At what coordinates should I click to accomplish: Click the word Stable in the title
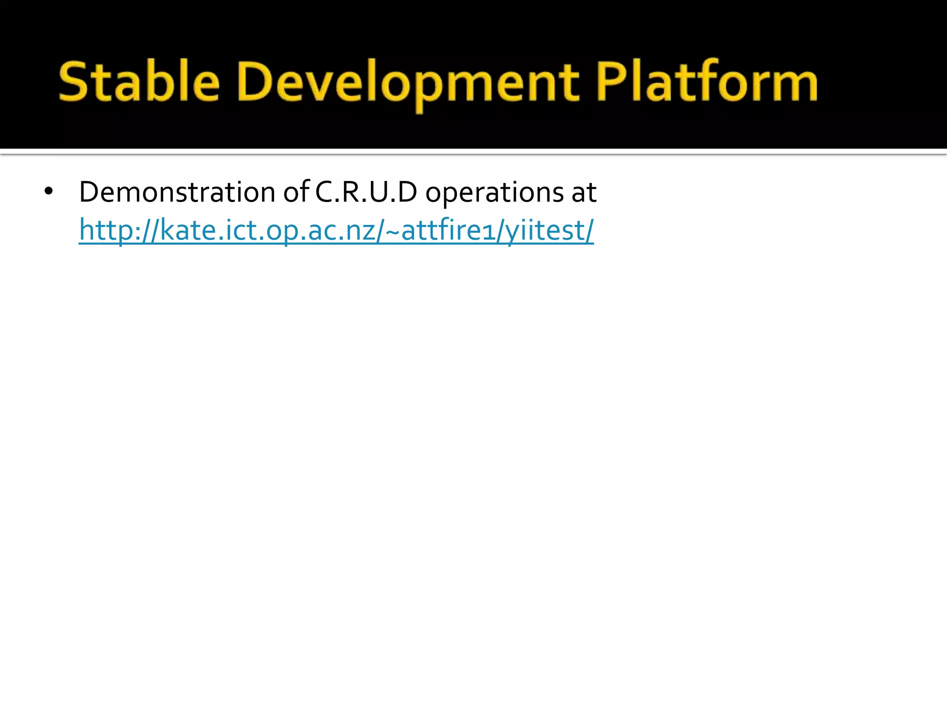[139, 82]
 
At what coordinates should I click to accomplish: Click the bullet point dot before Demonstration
[49, 192]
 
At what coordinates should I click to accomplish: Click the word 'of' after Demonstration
[296, 192]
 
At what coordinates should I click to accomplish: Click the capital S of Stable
[74, 82]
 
